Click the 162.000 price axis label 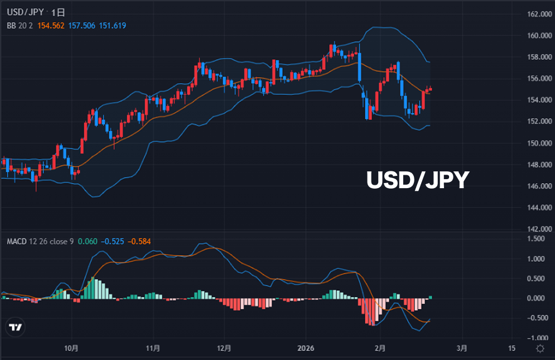pos(538,14)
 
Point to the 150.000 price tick pos(538,143)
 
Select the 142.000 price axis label pos(538,229)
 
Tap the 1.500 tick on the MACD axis pos(538,239)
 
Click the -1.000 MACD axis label pos(537,338)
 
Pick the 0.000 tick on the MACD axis pos(538,298)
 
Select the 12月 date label pos(224,348)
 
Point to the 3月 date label pos(462,348)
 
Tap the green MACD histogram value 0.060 pos(88,242)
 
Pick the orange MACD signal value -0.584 pos(139,242)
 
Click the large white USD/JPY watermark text pos(417,180)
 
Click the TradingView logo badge pos(16,328)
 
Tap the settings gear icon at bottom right pos(539,348)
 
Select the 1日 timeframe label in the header pos(59,11)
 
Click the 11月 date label pos(153,348)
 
